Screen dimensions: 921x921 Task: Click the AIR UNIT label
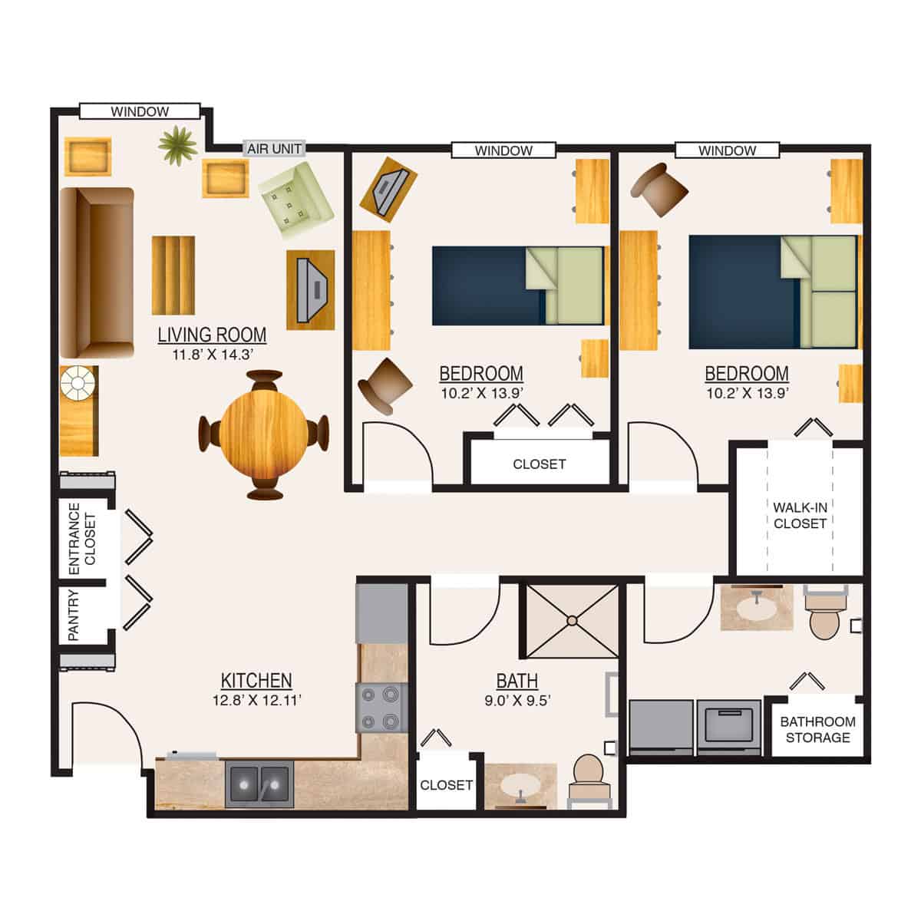pyautogui.click(x=275, y=148)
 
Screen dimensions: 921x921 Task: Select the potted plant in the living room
pyautogui.click(x=178, y=144)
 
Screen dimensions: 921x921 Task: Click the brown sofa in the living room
pyautogui.click(x=96, y=272)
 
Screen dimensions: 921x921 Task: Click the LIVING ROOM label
pyautogui.click(x=212, y=335)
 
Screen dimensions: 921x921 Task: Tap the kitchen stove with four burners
pyautogui.click(x=381, y=707)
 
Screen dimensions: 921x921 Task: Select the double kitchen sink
pyautogui.click(x=259, y=784)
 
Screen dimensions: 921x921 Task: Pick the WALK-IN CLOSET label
pyautogui.click(x=800, y=516)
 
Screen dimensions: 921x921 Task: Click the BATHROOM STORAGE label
pyautogui.click(x=817, y=730)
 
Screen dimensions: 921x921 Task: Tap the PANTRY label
pyautogui.click(x=74, y=615)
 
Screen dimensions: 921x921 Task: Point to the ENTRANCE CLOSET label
pyautogui.click(x=82, y=538)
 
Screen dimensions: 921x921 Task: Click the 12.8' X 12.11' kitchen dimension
pyautogui.click(x=256, y=700)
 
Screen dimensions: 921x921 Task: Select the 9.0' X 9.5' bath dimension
pyautogui.click(x=517, y=700)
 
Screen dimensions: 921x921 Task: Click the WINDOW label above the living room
pyautogui.click(x=140, y=112)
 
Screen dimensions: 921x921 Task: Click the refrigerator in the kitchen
pyautogui.click(x=381, y=613)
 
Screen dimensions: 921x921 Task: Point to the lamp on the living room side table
pyautogui.click(x=77, y=381)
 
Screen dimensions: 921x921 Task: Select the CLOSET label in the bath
pyautogui.click(x=446, y=785)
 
